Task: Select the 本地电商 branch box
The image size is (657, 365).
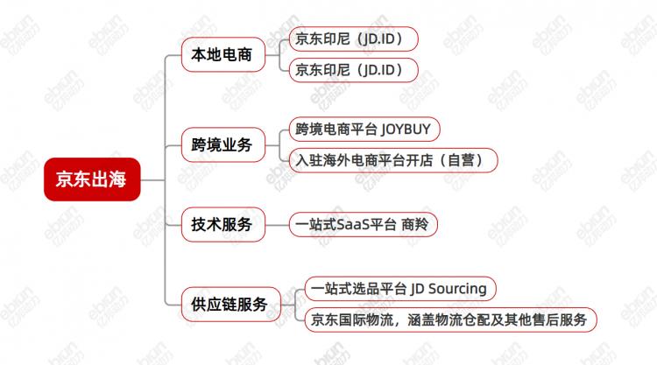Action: click(x=222, y=55)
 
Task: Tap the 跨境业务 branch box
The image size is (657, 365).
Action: click(x=222, y=144)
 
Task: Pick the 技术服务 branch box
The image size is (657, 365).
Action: click(x=222, y=225)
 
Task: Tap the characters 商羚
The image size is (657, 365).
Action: click(x=413, y=225)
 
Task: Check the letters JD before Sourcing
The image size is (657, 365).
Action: click(x=418, y=288)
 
